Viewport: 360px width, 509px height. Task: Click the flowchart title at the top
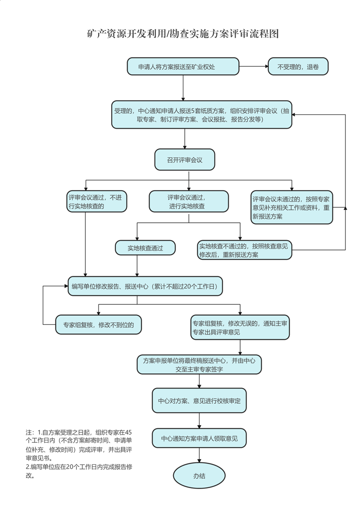pyautogui.click(x=182, y=34)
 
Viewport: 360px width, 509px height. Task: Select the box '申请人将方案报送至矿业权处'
pyautogui.click(x=182, y=67)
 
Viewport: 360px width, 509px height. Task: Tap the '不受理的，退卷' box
pyautogui.click(x=298, y=67)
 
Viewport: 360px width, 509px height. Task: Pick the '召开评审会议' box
pyautogui.click(x=184, y=160)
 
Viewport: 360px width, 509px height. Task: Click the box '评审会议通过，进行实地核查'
pyautogui.click(x=188, y=202)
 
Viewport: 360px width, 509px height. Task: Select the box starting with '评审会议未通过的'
pyautogui.click(x=291, y=207)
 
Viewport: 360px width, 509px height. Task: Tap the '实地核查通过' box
pyautogui.click(x=145, y=248)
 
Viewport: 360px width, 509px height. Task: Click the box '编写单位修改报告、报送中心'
pyautogui.click(x=145, y=286)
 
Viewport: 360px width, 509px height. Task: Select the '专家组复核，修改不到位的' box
pyautogui.click(x=98, y=324)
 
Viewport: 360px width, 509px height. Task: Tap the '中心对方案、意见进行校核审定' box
pyautogui.click(x=199, y=401)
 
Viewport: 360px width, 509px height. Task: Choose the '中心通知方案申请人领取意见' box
pyautogui.click(x=199, y=439)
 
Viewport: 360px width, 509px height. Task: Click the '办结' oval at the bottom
pyautogui.click(x=199, y=476)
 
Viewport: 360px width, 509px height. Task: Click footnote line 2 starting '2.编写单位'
pyautogui.click(x=82, y=467)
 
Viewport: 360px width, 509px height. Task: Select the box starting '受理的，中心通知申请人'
pyautogui.click(x=202, y=115)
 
